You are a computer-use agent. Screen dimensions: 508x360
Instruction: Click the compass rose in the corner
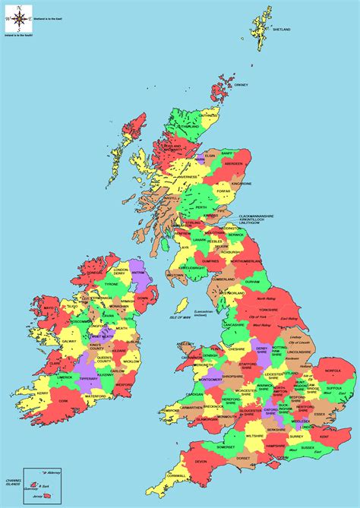coord(16,19)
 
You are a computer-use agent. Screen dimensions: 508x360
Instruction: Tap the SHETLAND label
coord(281,30)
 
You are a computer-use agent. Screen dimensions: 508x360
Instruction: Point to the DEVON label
coord(201,461)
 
